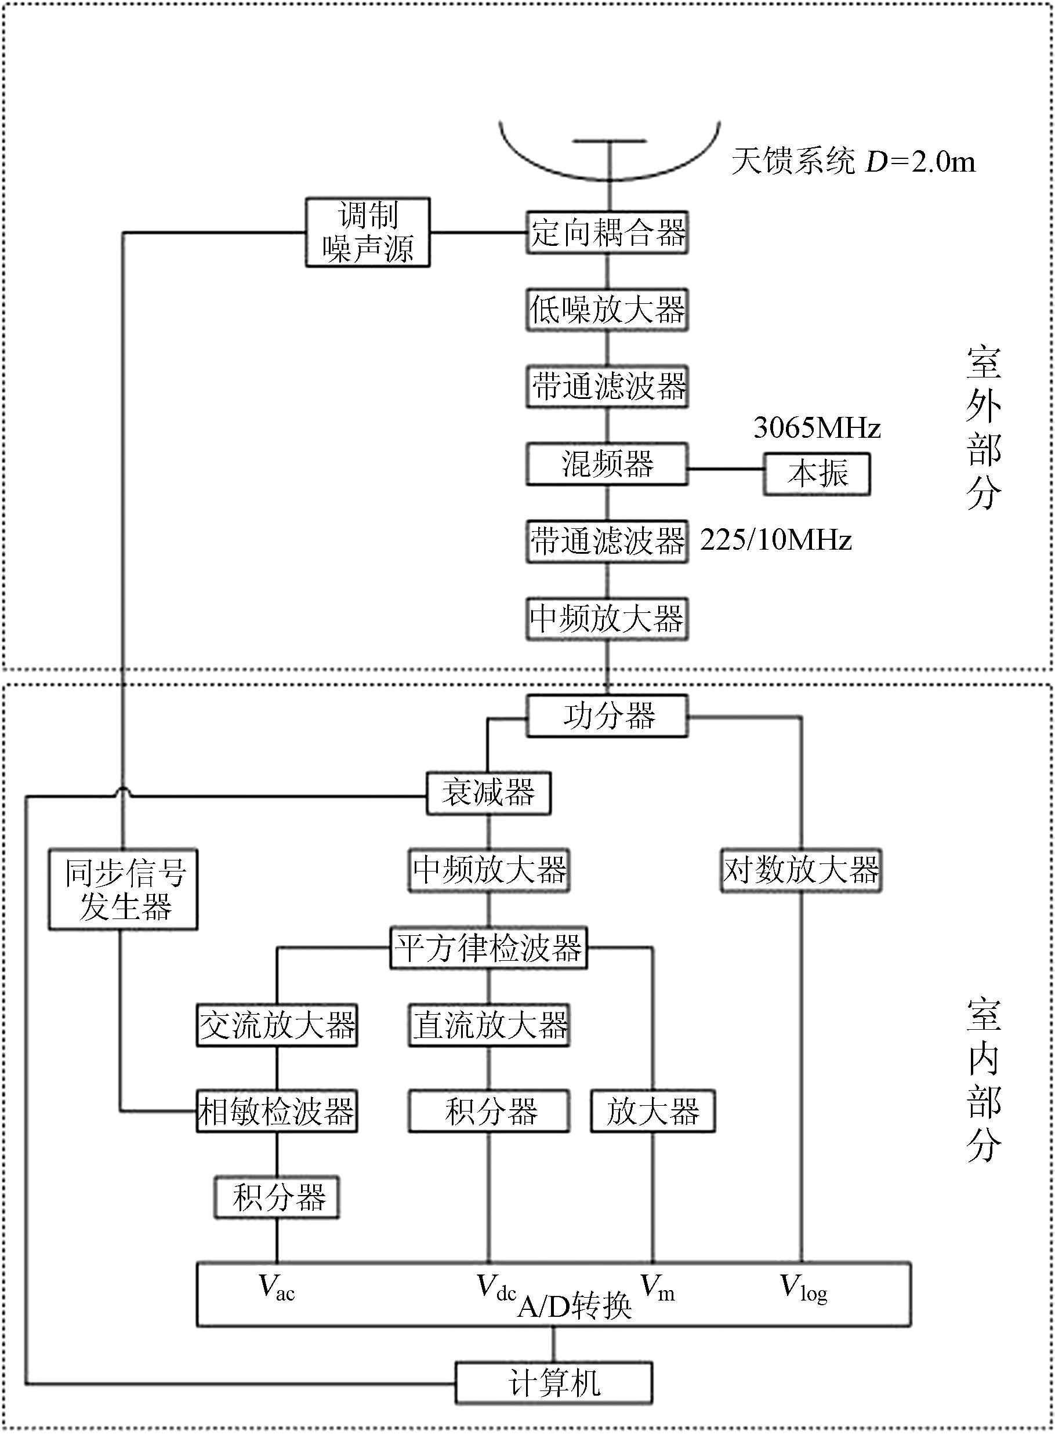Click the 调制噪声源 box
pos(367,233)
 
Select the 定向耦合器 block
pos(607,233)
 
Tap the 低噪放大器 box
pos(607,310)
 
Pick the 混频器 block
pos(607,464)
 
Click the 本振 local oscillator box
pos(817,474)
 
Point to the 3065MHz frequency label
pos(817,428)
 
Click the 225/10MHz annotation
pos(775,540)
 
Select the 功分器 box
pos(607,716)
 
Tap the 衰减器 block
pos(488,794)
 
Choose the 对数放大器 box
pos(801,870)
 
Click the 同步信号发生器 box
pos(124,889)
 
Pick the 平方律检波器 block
pos(488,948)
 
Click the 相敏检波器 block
pos(277,1112)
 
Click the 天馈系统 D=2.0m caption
pos(853,162)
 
